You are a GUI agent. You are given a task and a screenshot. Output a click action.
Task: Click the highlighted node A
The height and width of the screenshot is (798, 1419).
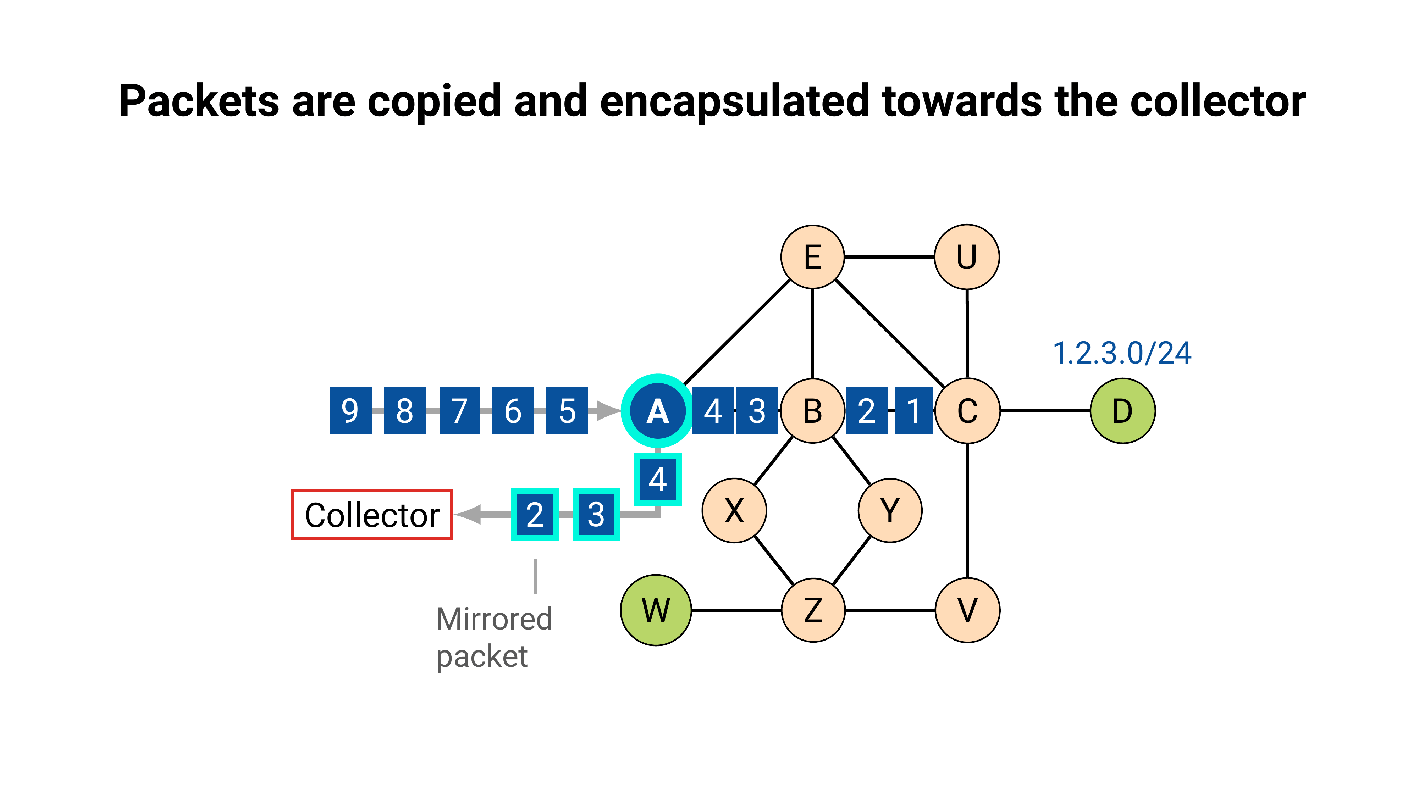point(657,411)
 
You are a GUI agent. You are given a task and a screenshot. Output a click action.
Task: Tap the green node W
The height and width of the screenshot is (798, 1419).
point(656,610)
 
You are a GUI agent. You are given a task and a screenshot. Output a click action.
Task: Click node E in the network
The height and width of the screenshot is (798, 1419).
point(812,257)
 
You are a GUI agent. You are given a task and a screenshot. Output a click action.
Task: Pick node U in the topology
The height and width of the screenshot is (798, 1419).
point(967,257)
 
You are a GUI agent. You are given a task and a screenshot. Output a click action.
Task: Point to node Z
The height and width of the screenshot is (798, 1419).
point(813,610)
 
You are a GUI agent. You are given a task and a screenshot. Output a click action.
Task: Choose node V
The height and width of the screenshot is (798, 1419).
point(967,610)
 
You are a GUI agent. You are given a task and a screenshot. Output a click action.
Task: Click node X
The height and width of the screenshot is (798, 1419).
point(734,510)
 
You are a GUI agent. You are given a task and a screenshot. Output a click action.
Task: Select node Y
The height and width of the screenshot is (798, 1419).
point(890,510)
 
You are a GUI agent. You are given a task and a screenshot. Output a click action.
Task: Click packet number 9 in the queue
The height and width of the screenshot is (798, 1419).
point(350,411)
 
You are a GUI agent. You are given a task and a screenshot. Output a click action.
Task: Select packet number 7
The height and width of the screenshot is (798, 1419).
point(459,411)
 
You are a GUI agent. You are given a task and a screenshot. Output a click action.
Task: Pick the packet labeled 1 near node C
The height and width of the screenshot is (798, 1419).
point(913,411)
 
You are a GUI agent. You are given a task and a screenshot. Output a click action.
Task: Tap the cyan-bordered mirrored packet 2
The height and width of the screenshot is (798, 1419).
point(535,514)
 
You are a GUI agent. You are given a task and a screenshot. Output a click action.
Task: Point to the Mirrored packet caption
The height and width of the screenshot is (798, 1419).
point(493,637)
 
